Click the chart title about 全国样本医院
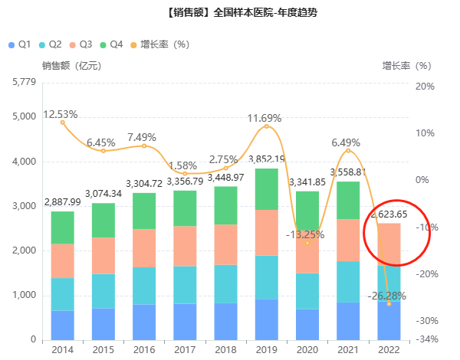pyautogui.click(x=229, y=12)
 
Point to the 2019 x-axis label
pyautogui.click(x=266, y=349)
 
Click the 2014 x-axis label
pyautogui.click(x=63, y=349)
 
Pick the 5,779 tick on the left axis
pyautogui.click(x=25, y=81)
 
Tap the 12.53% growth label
pyautogui.click(x=61, y=114)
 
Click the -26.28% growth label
pyautogui.click(x=386, y=296)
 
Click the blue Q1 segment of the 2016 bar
pyautogui.click(x=144, y=322)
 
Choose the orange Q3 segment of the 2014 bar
pyautogui.click(x=63, y=260)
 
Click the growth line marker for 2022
pyautogui.click(x=388, y=304)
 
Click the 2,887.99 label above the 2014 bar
pyautogui.click(x=62, y=203)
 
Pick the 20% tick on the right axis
pyautogui.click(x=425, y=87)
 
